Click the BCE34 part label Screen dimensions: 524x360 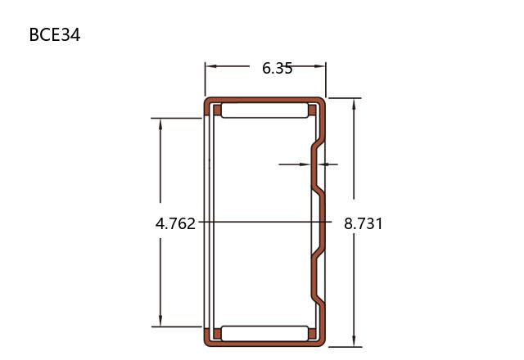[55, 34]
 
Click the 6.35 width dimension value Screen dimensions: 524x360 [278, 69]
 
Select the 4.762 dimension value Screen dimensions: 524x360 [175, 223]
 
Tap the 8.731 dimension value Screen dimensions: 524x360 [364, 223]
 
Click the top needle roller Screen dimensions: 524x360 [264, 110]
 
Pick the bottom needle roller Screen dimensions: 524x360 [264, 333]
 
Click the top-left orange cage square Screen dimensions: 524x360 [217, 110]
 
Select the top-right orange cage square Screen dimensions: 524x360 [312, 110]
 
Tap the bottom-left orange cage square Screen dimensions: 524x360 [217, 334]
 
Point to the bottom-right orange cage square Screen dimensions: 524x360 [312, 334]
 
